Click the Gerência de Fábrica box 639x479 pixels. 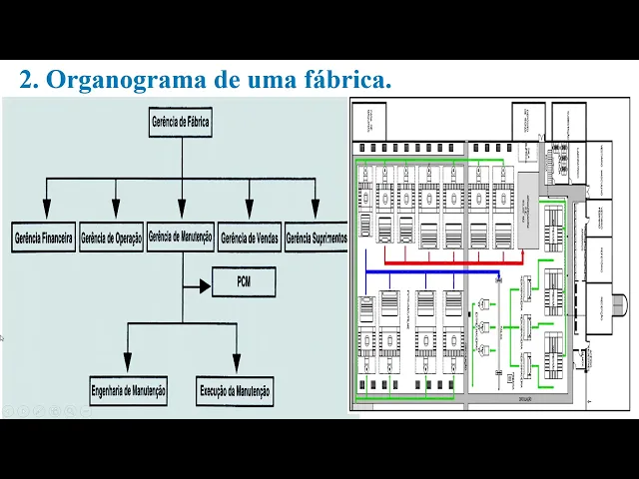(x=181, y=123)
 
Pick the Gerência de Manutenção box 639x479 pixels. (x=181, y=238)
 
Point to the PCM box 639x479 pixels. (x=243, y=283)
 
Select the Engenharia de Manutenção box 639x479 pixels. (x=129, y=390)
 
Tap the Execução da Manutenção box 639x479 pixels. (x=236, y=390)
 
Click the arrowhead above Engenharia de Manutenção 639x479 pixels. (x=128, y=363)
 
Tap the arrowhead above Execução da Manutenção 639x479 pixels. (x=236, y=363)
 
